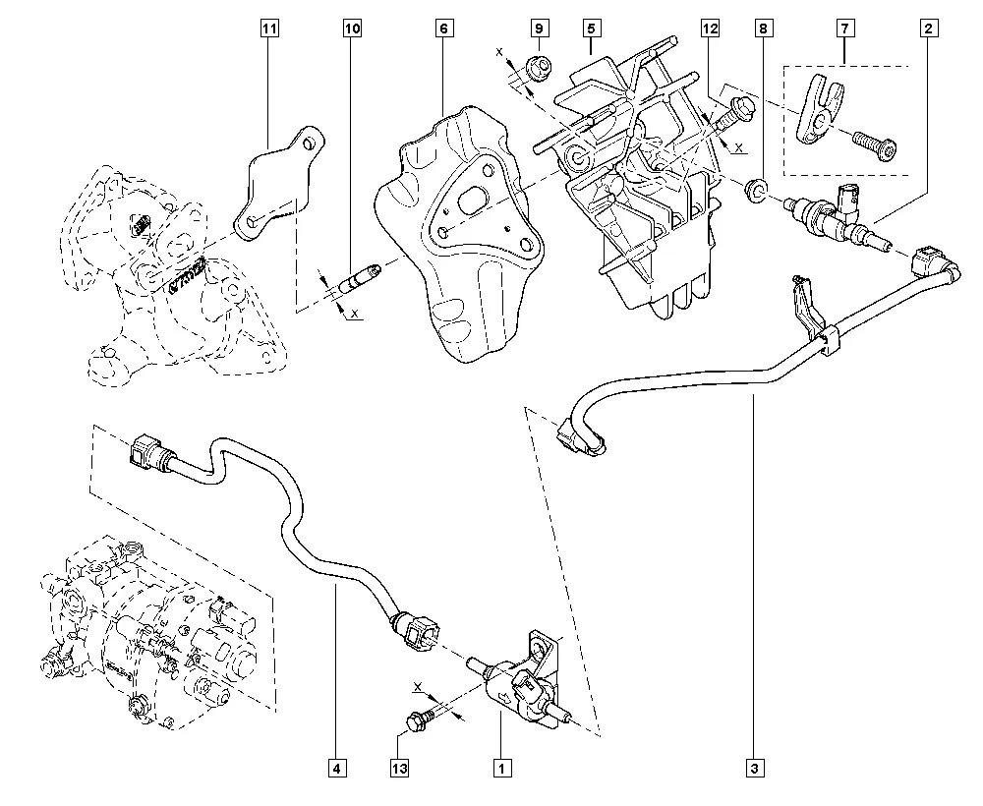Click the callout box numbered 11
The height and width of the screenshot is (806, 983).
coord(267,29)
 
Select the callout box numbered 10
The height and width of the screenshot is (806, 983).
coord(352,29)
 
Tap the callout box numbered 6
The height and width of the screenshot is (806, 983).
coord(444,29)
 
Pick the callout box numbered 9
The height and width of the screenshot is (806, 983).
coord(540,29)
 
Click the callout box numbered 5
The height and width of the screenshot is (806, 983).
coord(590,29)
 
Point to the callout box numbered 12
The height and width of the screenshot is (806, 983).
coord(710,29)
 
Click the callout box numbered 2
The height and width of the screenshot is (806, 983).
coord(926,29)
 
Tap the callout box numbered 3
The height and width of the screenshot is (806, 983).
coord(755,767)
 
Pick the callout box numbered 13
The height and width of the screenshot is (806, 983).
coord(398,767)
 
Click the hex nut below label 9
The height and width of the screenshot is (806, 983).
coord(538,68)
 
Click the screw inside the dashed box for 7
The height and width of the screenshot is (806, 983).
coord(873,145)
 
